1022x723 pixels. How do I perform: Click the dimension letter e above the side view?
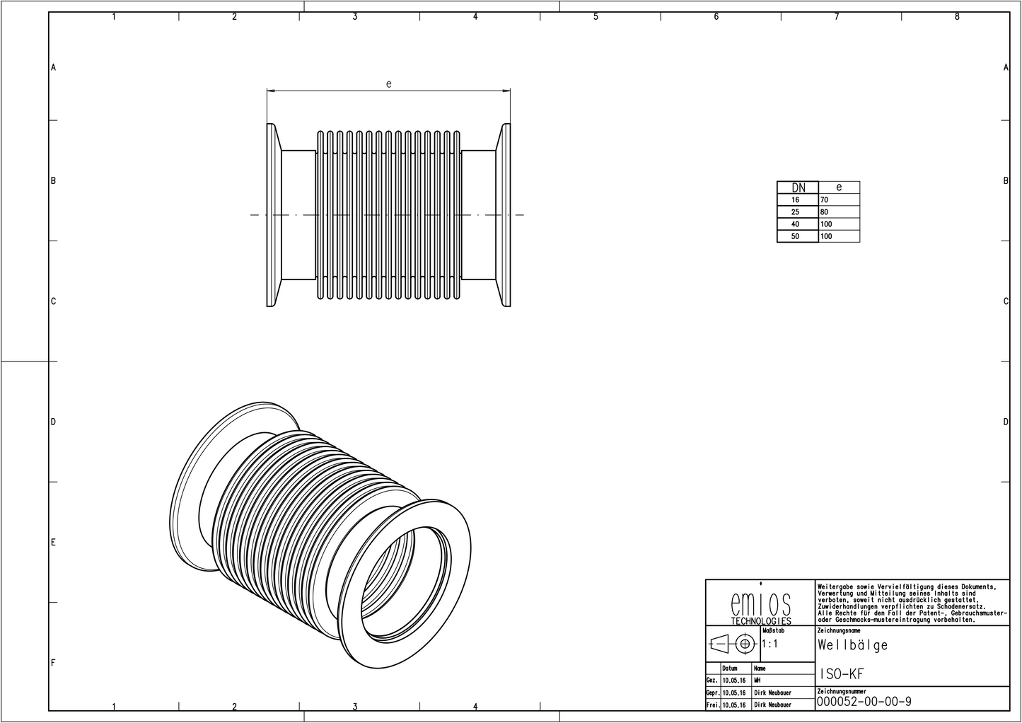point(388,83)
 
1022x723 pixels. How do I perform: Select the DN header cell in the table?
point(798,187)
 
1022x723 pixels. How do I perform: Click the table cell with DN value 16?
point(796,200)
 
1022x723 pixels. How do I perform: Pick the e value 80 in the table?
point(824,212)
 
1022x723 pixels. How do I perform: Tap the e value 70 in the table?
point(824,200)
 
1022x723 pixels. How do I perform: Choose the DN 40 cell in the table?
point(796,224)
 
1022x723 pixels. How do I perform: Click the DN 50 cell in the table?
point(796,236)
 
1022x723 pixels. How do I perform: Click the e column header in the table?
point(839,187)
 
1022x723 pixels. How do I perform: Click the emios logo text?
point(760,603)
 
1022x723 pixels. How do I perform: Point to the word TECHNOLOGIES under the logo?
point(760,621)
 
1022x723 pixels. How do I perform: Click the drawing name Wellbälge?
point(852,645)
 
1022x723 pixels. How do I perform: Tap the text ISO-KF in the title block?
point(842,675)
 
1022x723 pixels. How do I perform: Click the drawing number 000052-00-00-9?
point(864,702)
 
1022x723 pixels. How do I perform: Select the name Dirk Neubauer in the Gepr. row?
point(772,693)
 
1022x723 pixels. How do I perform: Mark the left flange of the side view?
point(272,215)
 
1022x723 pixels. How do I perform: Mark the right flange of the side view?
point(505,215)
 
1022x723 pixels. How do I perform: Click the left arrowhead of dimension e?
point(269,91)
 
